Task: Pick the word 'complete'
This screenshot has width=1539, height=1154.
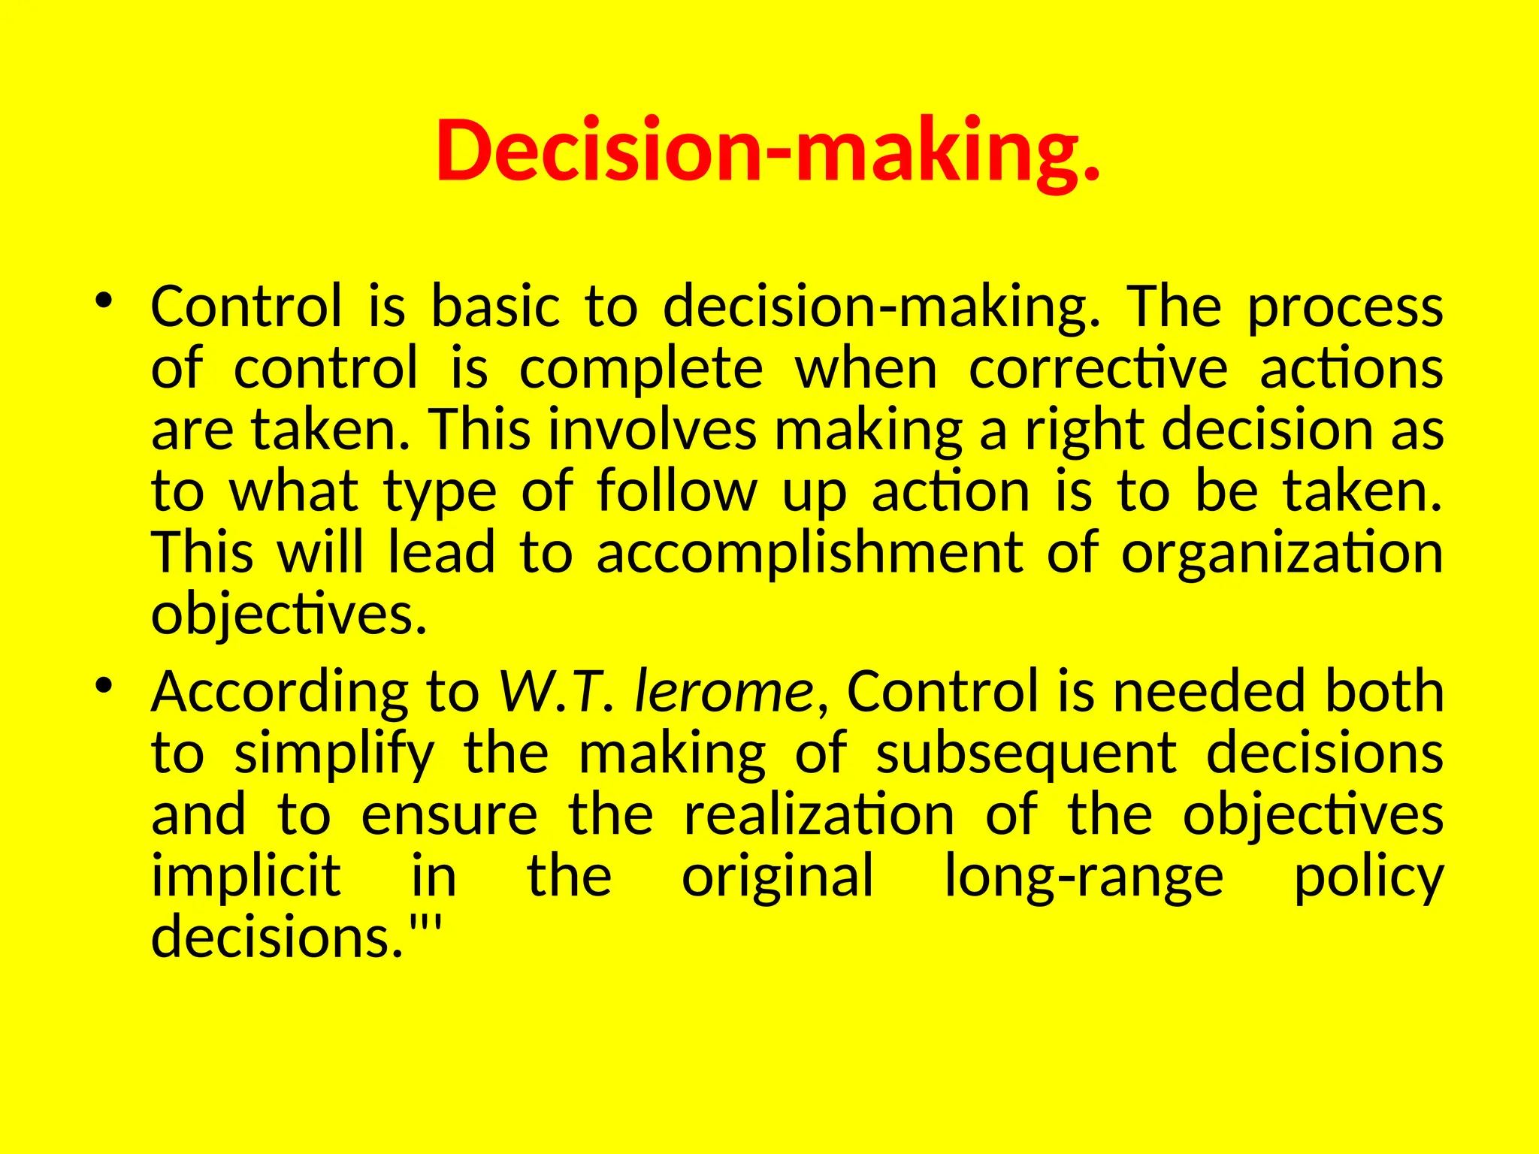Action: (x=641, y=370)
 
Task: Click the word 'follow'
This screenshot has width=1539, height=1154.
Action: (x=677, y=491)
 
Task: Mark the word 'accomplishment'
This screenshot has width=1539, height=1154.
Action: (x=809, y=553)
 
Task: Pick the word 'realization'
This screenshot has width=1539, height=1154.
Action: (x=819, y=815)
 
